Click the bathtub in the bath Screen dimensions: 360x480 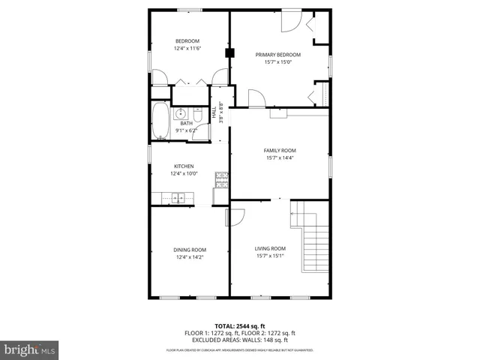(x=160, y=121)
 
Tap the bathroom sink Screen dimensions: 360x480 (x=181, y=114)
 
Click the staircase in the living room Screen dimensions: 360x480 (x=314, y=238)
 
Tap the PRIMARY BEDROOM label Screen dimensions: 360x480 (x=277, y=55)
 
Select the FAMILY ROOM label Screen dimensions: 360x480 (x=279, y=150)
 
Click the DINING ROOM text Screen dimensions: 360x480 (x=190, y=250)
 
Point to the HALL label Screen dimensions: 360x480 (x=214, y=113)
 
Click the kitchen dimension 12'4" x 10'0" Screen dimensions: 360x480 (x=184, y=174)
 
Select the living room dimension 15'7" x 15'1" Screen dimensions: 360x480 (x=270, y=256)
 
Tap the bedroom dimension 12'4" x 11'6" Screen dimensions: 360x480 (x=187, y=48)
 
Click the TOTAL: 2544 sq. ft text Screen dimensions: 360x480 (x=240, y=325)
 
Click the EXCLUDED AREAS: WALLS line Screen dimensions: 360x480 (x=240, y=339)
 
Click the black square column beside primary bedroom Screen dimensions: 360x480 (x=230, y=53)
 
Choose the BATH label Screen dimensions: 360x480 (x=186, y=124)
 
